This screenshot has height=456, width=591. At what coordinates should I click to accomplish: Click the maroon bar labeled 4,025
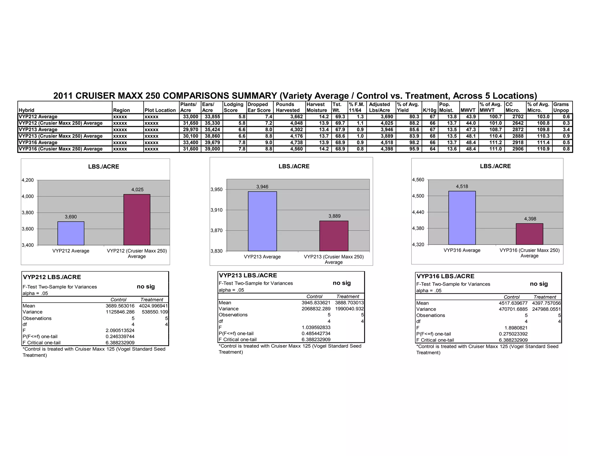pyautogui.click(x=137, y=220)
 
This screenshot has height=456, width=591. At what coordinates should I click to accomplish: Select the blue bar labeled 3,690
pyautogui.click(x=71, y=233)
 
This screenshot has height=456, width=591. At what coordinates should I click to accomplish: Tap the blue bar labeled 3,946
pyautogui.click(x=262, y=221)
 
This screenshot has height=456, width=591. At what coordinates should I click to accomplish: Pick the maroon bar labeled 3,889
pyautogui.click(x=334, y=236)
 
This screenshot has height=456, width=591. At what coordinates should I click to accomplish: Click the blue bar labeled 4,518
pyautogui.click(x=462, y=218)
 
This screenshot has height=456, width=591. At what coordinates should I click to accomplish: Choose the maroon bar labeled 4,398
pyautogui.click(x=529, y=234)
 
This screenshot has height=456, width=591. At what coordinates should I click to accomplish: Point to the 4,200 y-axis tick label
pyautogui.click(x=28, y=180)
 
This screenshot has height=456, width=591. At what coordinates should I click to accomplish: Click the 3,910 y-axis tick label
pyautogui.click(x=216, y=210)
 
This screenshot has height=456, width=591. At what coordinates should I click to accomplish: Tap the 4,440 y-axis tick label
pyautogui.click(x=418, y=212)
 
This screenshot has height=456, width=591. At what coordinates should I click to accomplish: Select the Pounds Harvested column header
pyautogui.click(x=288, y=107)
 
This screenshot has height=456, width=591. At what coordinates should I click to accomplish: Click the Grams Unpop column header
pyautogui.click(x=561, y=107)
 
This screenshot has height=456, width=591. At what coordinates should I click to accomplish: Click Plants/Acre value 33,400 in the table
pyautogui.click(x=190, y=142)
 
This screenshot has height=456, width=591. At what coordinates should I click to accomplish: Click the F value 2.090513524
pyautogui.click(x=120, y=330)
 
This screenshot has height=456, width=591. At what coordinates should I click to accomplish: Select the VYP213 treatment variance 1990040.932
pyautogui.click(x=349, y=309)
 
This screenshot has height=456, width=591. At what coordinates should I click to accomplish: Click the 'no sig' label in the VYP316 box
pyautogui.click(x=538, y=284)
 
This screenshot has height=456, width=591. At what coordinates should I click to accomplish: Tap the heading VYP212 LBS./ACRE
pyautogui.click(x=52, y=277)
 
